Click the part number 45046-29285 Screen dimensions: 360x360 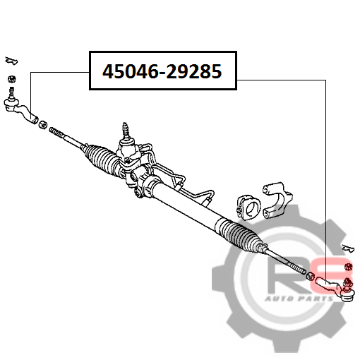point(162,71)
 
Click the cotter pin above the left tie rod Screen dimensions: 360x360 point(11,60)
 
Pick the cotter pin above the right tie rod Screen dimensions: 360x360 point(348,248)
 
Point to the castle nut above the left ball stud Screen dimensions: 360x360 point(12,78)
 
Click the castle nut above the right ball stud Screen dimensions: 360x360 point(349,267)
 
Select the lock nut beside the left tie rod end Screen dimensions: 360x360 point(43,124)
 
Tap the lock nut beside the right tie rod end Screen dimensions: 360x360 point(310,275)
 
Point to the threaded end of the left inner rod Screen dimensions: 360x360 point(56,132)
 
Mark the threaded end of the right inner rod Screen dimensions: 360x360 point(298,268)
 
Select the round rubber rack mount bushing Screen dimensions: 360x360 point(249,207)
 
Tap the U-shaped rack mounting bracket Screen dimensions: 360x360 point(277,200)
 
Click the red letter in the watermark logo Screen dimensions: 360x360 point(333,274)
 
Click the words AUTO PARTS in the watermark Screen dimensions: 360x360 point(299,299)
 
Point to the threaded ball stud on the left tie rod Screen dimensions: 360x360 point(11,92)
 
